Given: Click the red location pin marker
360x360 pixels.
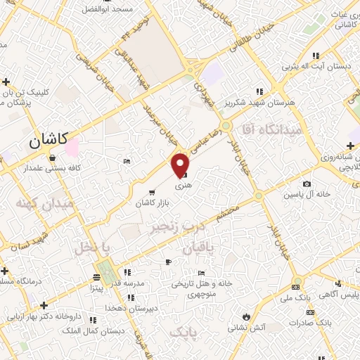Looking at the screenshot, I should [181, 165].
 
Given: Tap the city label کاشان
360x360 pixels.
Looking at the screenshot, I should [48, 141].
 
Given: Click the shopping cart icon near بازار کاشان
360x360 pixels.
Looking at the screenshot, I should [152, 191].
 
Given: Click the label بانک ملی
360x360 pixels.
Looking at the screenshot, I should [296, 298].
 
